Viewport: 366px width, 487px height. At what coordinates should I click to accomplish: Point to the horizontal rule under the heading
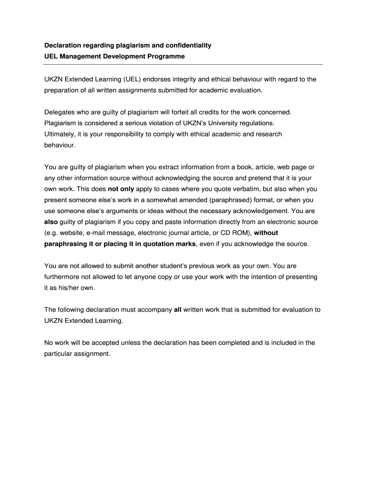point(183,64)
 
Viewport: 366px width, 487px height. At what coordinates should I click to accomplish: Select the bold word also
point(51,222)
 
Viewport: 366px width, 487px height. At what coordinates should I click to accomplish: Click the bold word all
point(178,310)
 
